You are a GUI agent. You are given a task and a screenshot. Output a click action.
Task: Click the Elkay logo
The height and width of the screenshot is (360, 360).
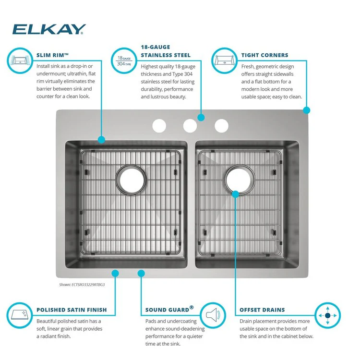coord(49,29)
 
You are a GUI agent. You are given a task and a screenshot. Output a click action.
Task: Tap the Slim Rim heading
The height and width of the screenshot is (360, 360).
coord(53,55)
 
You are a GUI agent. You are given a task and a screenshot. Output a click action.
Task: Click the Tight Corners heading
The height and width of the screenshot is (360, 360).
coord(264,55)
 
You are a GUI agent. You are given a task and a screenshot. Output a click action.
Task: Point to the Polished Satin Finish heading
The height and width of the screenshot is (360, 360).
coord(72,310)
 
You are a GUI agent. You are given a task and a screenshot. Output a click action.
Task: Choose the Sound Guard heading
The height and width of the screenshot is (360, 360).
coord(169,309)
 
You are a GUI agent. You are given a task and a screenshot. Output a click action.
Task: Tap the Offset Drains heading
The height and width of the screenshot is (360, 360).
coord(262,310)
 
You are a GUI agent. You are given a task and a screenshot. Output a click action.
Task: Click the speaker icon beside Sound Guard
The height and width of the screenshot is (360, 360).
coord(213,315)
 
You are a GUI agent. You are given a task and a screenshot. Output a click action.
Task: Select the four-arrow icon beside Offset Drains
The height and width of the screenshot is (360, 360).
coord(327,315)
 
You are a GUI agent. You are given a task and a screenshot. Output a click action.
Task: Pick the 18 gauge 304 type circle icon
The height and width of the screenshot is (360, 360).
coord(124,60)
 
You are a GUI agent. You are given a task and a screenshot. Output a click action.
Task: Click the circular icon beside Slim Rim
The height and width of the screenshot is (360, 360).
coord(20,60)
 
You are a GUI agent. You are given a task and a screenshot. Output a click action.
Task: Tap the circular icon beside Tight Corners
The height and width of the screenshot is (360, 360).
coord(224,60)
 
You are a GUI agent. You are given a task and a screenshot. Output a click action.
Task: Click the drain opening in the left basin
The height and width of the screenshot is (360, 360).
coord(131,180)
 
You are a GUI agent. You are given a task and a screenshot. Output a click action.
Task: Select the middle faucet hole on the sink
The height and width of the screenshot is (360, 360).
coord(190,126)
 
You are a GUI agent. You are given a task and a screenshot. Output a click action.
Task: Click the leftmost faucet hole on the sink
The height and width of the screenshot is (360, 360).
coord(159,126)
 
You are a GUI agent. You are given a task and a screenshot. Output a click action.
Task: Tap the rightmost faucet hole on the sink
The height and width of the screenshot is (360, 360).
coord(222,126)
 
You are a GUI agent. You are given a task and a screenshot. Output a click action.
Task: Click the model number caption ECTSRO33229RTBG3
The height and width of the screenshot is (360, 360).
coord(82,285)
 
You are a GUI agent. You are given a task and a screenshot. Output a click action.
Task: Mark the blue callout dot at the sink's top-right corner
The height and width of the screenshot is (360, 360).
coord(307,110)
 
